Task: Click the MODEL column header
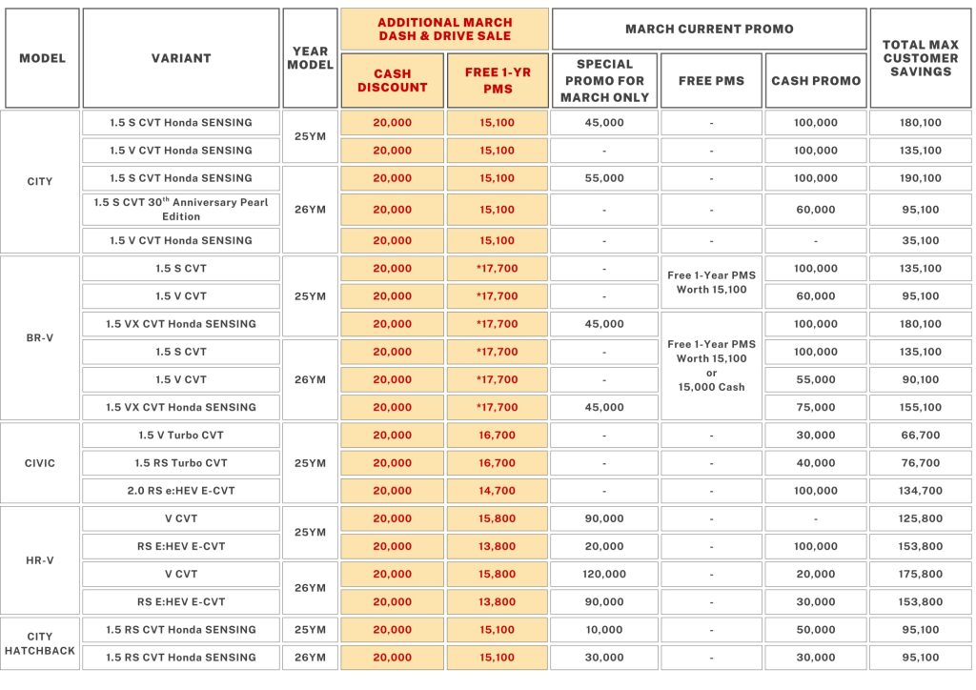[42, 58]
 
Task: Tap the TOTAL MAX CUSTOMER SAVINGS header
[921, 58]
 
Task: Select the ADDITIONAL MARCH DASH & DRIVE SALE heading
[445, 29]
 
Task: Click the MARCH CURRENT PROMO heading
[709, 29]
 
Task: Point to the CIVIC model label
[40, 463]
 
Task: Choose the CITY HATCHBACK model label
[40, 643]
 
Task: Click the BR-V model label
[40, 337]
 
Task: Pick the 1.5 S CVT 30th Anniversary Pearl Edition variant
[181, 210]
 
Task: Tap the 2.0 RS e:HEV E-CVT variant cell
[181, 491]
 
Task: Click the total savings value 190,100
[921, 178]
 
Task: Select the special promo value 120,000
[604, 575]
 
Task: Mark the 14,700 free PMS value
[498, 491]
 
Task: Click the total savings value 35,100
[921, 240]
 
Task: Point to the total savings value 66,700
[921, 436]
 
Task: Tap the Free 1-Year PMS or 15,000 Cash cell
[711, 366]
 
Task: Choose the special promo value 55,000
[604, 178]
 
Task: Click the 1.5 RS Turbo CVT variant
[181, 463]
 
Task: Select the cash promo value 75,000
[816, 407]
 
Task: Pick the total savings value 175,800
[921, 575]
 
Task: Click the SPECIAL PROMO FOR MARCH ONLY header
[604, 81]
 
